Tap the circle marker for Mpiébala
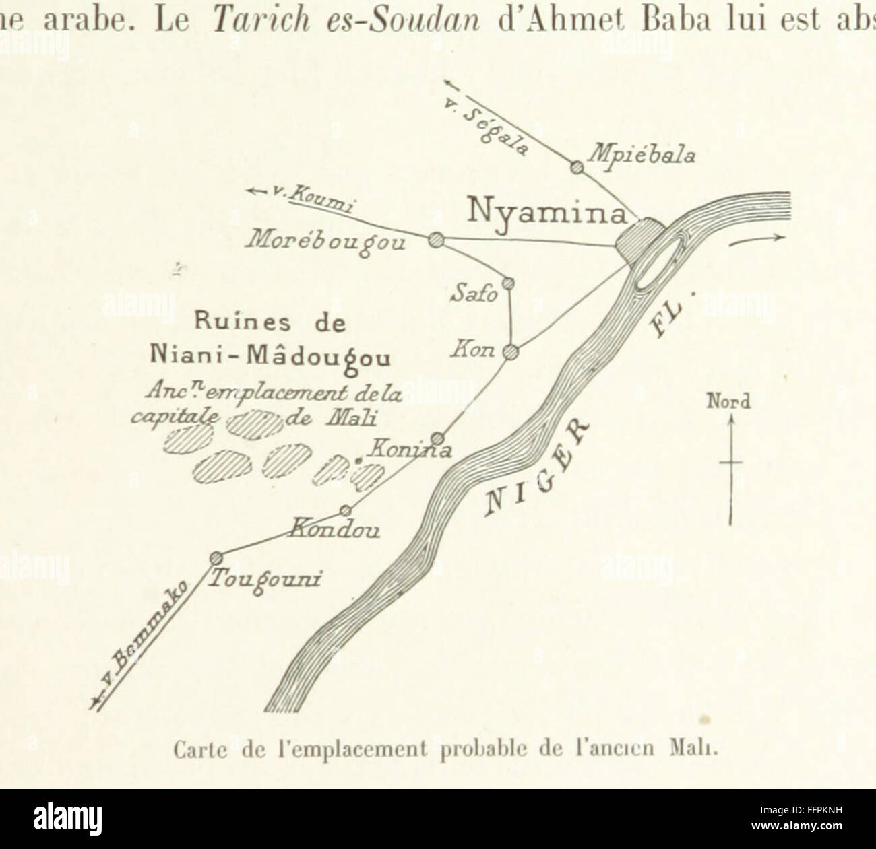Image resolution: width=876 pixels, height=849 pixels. click(576, 166)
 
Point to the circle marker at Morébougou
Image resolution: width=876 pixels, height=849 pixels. click(435, 238)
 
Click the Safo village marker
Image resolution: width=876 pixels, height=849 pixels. click(509, 283)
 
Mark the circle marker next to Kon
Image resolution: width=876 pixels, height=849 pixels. click(511, 351)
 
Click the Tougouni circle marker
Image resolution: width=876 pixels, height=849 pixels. click(216, 557)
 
